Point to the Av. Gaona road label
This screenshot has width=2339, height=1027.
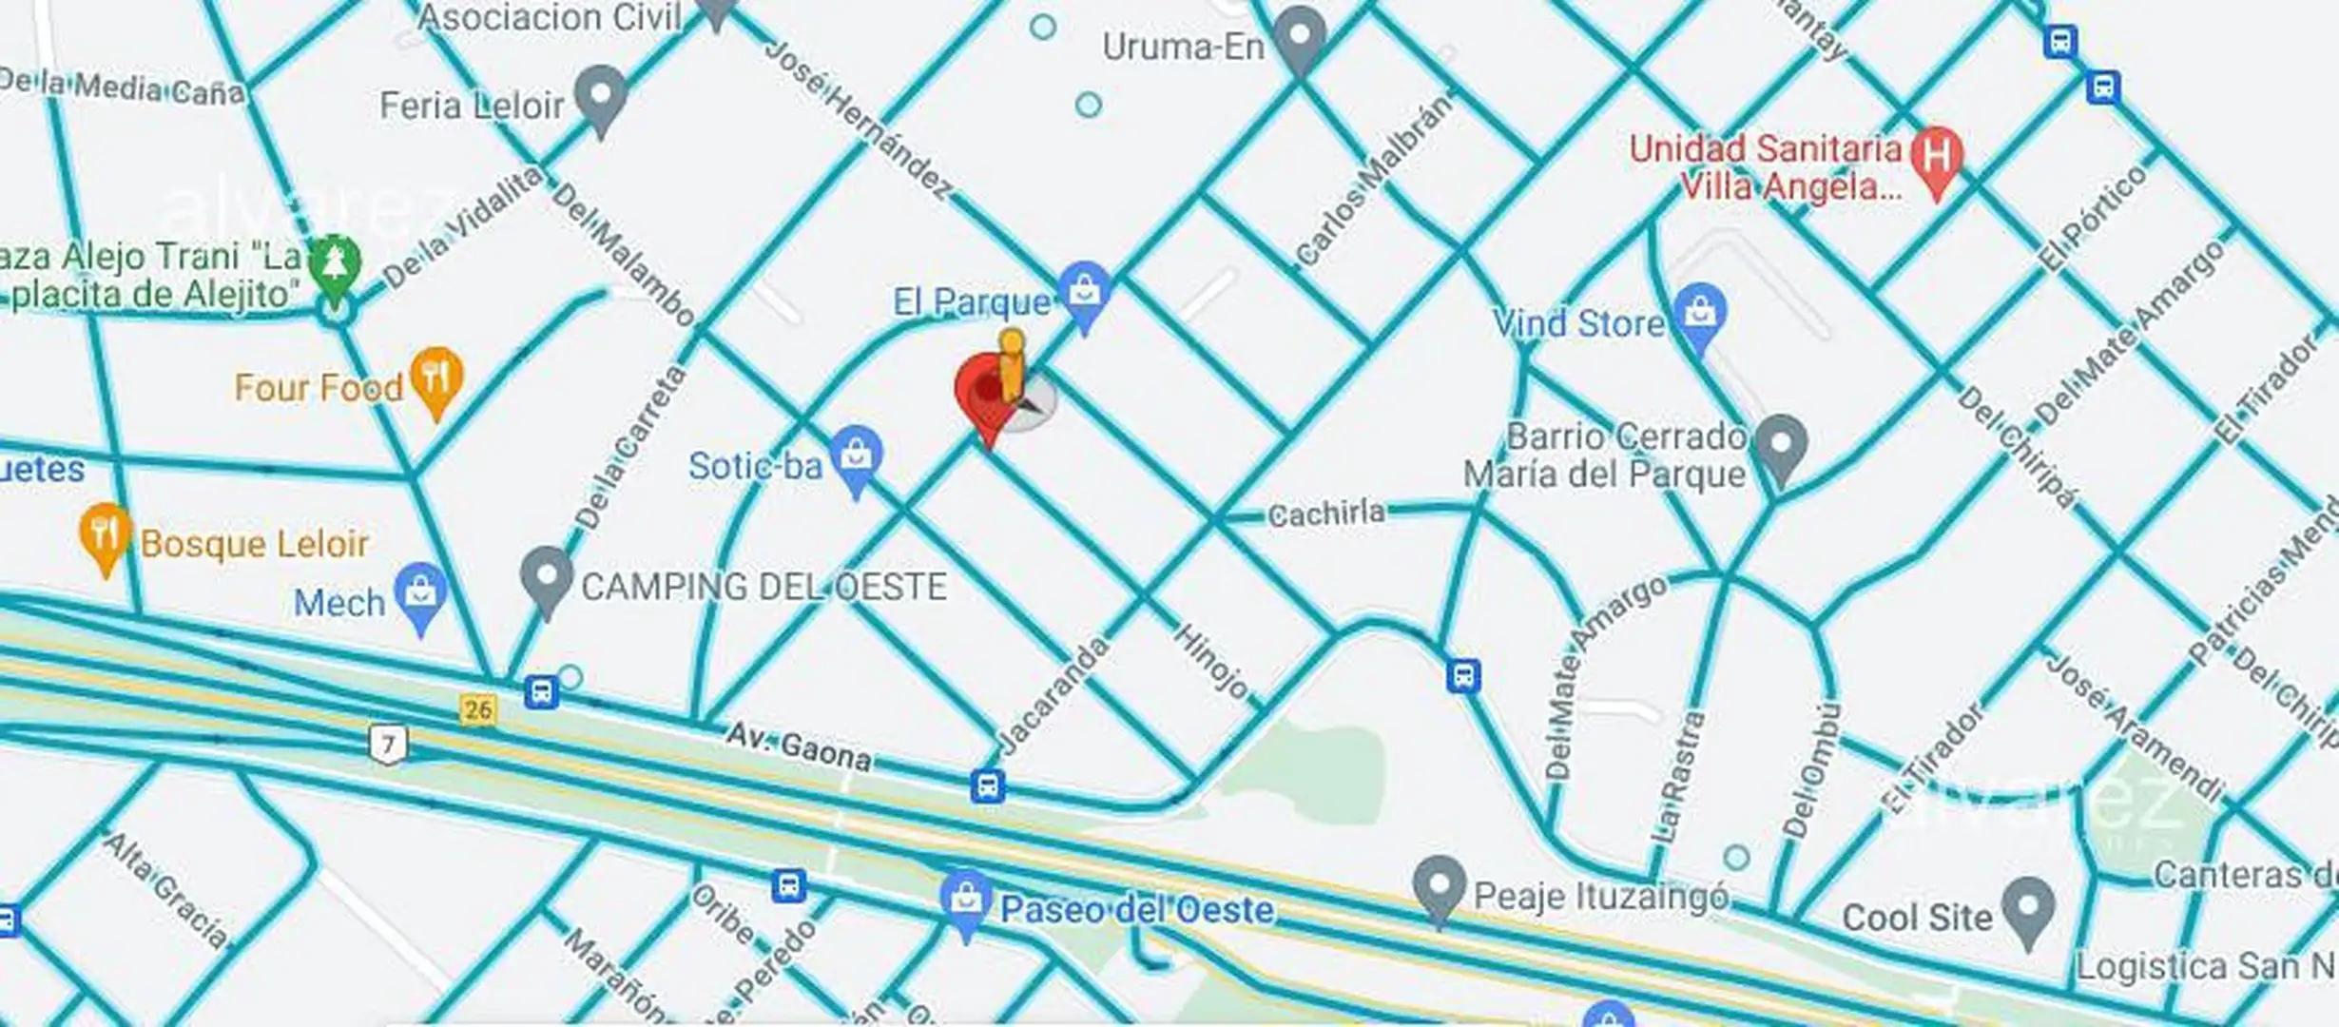coord(798,746)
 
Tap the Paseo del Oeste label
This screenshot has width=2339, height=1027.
coord(1136,910)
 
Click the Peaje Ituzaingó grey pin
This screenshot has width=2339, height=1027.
coord(1440,886)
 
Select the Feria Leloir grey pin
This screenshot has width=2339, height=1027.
coord(600,98)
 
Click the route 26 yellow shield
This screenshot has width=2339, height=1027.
coord(477,709)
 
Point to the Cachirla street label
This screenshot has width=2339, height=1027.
coord(1326,514)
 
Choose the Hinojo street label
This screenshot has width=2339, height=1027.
coord(1212,661)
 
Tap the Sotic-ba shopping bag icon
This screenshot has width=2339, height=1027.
coord(856,456)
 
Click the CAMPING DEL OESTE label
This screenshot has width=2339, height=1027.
coord(764,587)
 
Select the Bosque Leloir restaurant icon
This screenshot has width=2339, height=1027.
coord(106,535)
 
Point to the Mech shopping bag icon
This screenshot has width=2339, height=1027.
coord(421,594)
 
